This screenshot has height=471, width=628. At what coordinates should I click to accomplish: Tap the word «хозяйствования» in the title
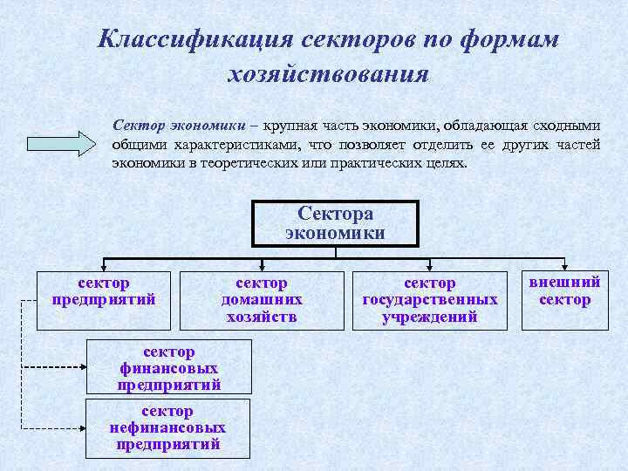coord(327,74)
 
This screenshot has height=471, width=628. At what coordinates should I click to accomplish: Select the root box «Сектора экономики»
coord(336,222)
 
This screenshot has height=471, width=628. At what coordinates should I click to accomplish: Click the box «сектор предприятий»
coord(104,298)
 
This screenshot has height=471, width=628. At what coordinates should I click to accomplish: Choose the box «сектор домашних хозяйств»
coord(262,299)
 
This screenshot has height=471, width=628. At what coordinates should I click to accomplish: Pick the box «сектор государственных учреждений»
coord(430,299)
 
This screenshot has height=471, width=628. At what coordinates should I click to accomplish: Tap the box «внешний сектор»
coord(564,298)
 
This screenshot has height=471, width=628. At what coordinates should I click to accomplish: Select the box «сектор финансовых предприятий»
coord(168,367)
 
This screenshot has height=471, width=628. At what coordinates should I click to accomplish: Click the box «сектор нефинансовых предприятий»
coord(167,427)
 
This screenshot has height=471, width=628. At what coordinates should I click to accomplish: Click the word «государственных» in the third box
coord(430,299)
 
